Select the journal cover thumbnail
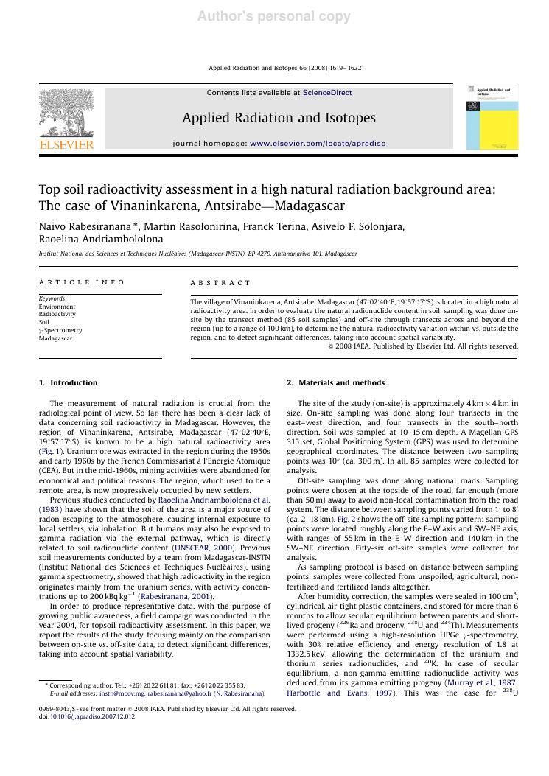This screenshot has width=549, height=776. tap(492, 116)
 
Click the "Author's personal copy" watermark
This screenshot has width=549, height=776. tap(274, 17)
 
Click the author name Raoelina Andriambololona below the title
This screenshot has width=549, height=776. tap(101, 240)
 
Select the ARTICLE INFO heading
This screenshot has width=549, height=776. tap(82, 282)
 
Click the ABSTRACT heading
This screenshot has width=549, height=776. tap(220, 282)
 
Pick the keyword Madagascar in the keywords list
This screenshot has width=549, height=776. tap(56, 338)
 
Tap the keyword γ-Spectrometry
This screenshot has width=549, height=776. tap(60, 330)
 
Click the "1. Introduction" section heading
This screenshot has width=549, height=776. tap(68, 382)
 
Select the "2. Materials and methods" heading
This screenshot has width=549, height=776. tap(335, 382)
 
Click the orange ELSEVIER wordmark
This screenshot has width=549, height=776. tap(66, 145)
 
